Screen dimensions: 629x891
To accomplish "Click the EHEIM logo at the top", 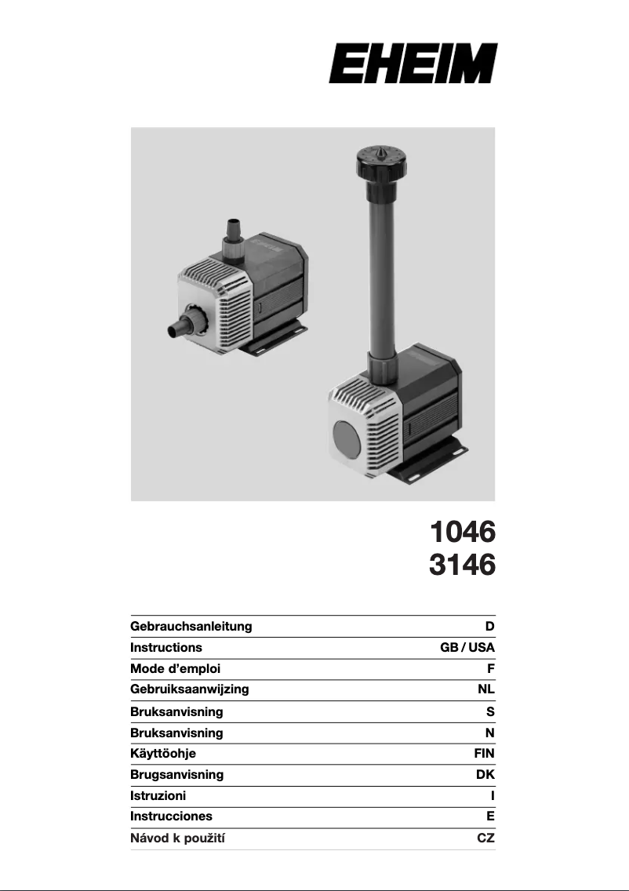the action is click(x=413, y=63).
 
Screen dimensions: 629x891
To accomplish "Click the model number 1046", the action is click(x=463, y=532).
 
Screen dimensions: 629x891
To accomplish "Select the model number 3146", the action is click(x=463, y=565).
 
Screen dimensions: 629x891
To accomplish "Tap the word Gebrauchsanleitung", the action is click(x=191, y=626).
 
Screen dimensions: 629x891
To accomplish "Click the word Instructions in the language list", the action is click(x=166, y=647).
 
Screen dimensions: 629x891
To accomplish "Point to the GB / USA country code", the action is click(x=467, y=647).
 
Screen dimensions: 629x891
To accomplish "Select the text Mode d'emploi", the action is click(x=175, y=668).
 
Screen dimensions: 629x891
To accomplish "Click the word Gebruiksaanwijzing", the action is click(x=189, y=689).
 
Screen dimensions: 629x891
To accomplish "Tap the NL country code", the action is click(x=486, y=689).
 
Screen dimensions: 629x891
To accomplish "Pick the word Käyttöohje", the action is click(x=163, y=754).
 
